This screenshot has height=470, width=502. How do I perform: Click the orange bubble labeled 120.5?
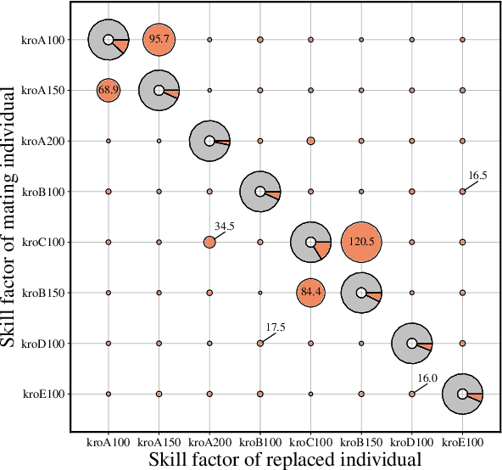[361, 242]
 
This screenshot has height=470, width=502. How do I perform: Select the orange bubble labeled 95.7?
[159, 39]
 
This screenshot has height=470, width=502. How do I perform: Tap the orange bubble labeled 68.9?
[108, 89]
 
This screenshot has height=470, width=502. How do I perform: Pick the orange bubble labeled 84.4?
[310, 293]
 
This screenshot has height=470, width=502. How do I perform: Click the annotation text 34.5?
[225, 227]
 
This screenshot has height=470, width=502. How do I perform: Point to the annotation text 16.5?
[477, 176]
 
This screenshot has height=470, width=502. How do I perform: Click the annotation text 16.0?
[427, 378]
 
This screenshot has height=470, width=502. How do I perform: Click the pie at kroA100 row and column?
[108, 39]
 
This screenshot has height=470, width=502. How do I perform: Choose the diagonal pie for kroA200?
[209, 141]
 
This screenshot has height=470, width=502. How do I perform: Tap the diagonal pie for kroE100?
[462, 394]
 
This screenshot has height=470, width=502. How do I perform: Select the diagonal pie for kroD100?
[412, 344]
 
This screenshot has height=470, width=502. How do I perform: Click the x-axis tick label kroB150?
[361, 443]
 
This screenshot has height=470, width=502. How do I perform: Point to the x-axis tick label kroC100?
[310, 443]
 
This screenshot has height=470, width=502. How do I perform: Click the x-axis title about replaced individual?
[285, 460]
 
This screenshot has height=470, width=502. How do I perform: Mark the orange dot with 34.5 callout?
[209, 242]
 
